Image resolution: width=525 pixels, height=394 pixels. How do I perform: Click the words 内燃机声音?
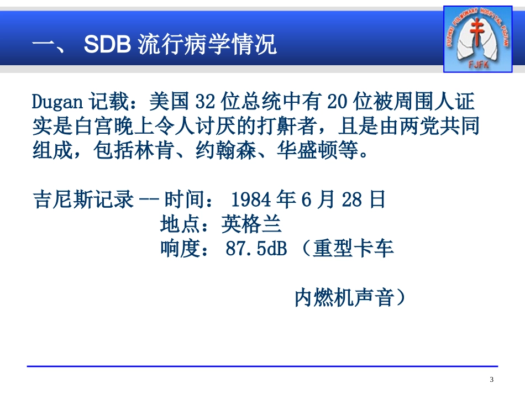(345, 298)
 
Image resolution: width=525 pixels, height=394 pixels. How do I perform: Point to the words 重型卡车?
(354, 250)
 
